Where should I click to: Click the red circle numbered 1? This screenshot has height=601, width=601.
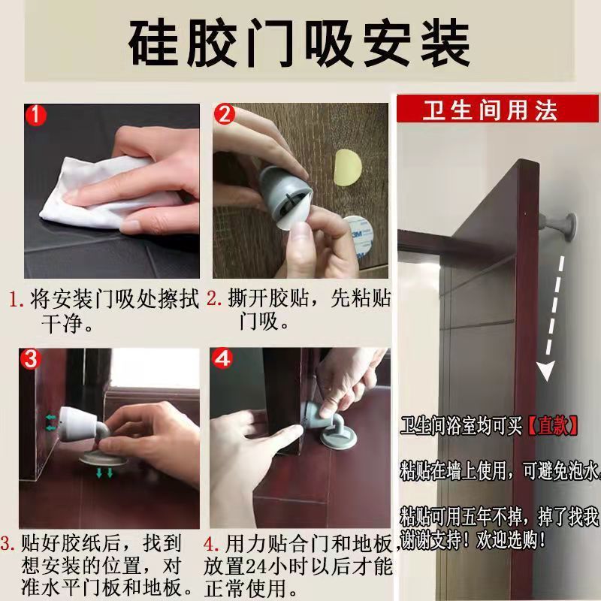pos(35,115)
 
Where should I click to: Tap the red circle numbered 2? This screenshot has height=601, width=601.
pos(224,114)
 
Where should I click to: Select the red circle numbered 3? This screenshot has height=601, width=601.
pos(30,359)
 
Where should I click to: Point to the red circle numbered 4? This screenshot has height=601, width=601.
pos(222,358)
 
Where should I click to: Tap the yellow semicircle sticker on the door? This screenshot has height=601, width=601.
pos(347,167)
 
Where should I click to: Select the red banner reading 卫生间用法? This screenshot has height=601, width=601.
pos(497,109)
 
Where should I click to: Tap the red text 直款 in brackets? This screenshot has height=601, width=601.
pos(553,425)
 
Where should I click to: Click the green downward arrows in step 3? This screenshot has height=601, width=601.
pos(104,473)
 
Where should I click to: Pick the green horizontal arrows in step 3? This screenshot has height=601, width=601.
pos(51,423)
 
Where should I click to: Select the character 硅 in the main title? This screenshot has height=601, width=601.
pos(153,43)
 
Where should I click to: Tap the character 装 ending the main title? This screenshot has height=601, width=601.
pos(445,43)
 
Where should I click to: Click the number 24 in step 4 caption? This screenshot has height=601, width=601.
pos(256,566)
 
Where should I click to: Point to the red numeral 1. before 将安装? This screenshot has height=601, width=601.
pos(16,300)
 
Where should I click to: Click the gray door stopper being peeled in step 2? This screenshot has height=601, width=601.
pos(285,195)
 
